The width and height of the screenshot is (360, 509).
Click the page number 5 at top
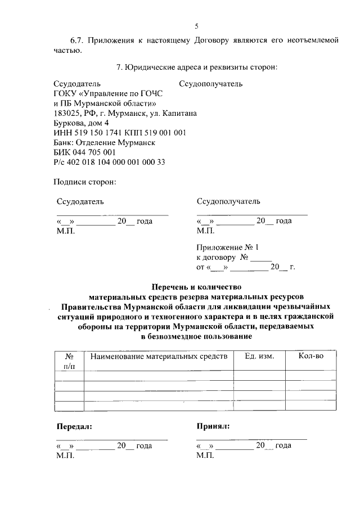[x=196, y=26]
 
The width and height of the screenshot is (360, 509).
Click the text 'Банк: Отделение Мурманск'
[x=104, y=142]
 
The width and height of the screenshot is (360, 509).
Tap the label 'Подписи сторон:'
[x=84, y=182]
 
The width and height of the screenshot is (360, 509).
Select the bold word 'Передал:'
[x=74, y=426]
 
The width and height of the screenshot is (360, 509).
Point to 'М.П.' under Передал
[x=66, y=456]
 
